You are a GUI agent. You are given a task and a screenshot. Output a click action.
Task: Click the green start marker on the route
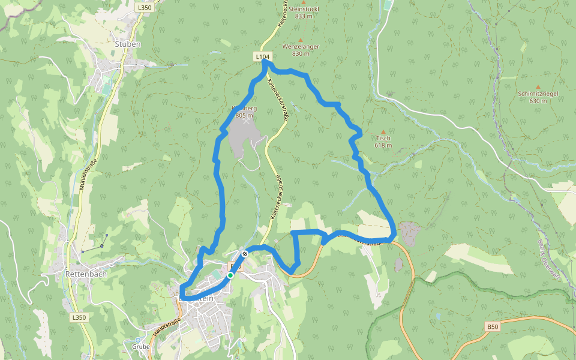(230, 275)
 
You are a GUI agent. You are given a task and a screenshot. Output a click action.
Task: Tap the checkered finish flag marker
(245, 254)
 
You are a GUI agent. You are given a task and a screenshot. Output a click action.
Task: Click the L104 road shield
(262, 56)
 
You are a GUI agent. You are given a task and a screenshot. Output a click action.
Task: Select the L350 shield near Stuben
(143, 7)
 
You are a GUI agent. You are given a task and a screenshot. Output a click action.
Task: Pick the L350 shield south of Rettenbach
(78, 317)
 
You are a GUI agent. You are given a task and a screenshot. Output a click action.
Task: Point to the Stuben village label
(127, 44)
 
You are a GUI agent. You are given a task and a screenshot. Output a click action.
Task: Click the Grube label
(140, 347)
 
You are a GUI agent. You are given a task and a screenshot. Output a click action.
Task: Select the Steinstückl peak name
(304, 10)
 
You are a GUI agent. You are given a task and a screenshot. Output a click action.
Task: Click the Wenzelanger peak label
(301, 46)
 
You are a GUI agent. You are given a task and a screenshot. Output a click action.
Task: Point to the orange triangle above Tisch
(383, 131)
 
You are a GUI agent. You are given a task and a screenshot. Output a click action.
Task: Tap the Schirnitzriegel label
(538, 94)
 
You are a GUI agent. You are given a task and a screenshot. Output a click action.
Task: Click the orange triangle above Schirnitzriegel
(538, 86)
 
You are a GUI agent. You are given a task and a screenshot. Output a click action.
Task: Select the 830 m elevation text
(301, 53)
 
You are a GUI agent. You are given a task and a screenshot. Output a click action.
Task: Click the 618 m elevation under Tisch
(383, 145)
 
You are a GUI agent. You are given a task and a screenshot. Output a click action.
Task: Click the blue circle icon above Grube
(137, 340)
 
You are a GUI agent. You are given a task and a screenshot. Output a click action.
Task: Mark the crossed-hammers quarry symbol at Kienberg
(246, 120)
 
